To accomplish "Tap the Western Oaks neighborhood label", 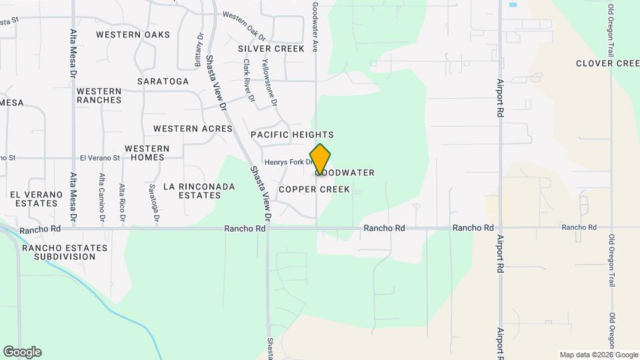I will tap(133, 35).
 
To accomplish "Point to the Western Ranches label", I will tap(99, 95).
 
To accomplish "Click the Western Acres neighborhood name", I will tap(193, 129).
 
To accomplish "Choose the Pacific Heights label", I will tap(292, 135).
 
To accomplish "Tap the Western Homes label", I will tap(147, 153).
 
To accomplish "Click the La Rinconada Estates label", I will tap(199, 191).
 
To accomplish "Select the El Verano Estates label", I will tap(37, 199).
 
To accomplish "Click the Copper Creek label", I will tap(314, 189).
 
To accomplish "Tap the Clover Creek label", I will tap(607, 63).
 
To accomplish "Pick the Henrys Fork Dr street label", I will tap(289, 162).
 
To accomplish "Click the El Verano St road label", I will tap(99, 158).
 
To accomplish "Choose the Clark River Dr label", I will tap(249, 81).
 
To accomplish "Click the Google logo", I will tap(22, 352).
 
